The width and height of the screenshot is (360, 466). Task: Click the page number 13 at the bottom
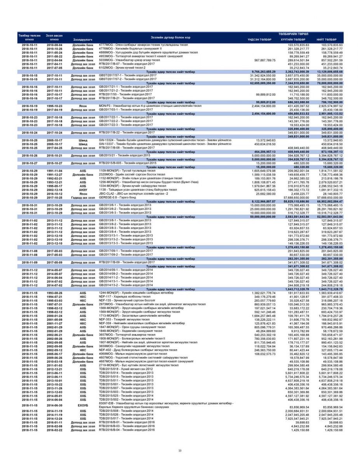click(180, 450)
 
